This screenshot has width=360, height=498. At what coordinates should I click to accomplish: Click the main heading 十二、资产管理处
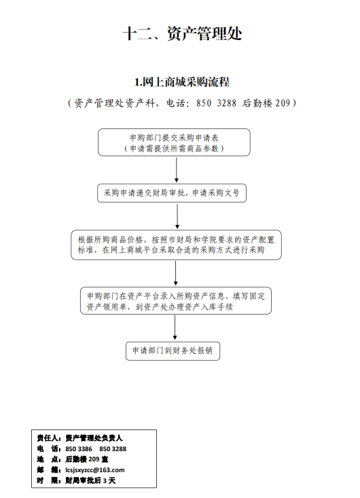click(182, 33)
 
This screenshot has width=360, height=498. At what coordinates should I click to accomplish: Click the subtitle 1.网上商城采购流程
click(182, 82)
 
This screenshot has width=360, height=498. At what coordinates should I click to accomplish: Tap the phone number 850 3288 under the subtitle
click(216, 103)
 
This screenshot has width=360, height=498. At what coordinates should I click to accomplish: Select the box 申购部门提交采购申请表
click(174, 142)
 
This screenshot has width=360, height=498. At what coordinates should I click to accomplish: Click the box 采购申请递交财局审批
click(172, 193)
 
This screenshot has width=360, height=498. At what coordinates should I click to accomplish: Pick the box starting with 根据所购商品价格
click(176, 245)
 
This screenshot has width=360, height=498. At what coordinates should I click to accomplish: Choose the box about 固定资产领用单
click(176, 301)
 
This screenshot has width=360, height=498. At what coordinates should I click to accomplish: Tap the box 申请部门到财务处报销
click(173, 351)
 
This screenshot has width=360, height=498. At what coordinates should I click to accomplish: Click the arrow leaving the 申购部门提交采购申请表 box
click(177, 170)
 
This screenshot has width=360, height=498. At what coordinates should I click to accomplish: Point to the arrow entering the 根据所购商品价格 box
click(177, 216)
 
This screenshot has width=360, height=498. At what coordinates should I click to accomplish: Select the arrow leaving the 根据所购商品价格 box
click(175, 273)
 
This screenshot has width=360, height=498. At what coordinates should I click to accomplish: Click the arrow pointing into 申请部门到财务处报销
click(175, 327)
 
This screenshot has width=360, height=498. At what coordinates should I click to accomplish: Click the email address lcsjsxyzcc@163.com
click(95, 470)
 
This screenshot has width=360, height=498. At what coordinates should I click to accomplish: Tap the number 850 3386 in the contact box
click(79, 449)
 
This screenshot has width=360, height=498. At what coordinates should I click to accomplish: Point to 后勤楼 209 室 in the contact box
click(87, 459)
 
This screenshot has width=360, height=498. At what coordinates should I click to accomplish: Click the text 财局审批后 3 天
click(90, 480)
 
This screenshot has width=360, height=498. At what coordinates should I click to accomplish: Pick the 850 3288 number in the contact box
click(113, 449)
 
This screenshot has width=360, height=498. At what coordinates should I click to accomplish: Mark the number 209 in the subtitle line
click(283, 103)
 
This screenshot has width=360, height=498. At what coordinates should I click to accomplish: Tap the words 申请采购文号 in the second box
click(216, 193)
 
